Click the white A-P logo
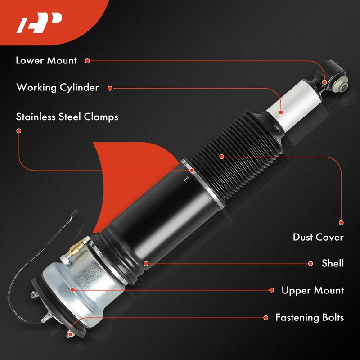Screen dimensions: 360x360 coord(39,23)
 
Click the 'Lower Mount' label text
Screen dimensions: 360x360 coord(46,61)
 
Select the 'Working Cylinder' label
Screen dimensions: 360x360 coord(58,88)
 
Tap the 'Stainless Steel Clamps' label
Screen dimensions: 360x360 coord(67,117)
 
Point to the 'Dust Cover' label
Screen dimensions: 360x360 coord(318,237)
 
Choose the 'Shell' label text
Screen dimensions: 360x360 coord(333,263)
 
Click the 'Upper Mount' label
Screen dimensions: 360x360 coord(313,290)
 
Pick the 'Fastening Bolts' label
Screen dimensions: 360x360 coord(310,318)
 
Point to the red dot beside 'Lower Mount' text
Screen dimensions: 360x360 coord(87,61)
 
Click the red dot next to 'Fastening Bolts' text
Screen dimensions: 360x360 coord(266,318)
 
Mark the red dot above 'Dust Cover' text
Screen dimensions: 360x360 coord(341,222)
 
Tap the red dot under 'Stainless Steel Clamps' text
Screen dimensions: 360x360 coord(19,131)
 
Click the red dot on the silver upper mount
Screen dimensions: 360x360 coord(73,290)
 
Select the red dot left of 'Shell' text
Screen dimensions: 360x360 coord(310,264)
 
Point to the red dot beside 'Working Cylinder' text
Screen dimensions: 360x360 coord(110,88)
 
